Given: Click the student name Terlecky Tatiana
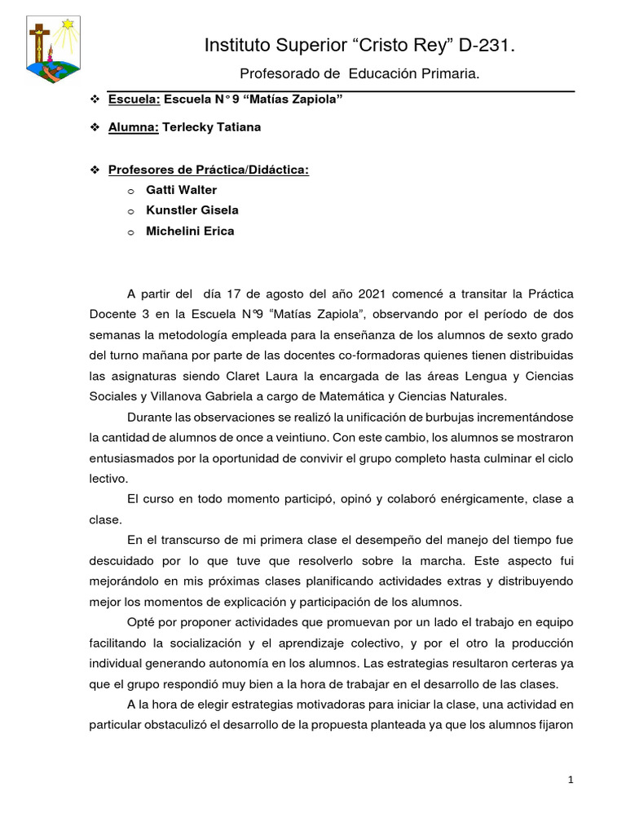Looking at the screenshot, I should click(x=212, y=127).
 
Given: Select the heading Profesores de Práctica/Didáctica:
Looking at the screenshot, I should click(x=209, y=169).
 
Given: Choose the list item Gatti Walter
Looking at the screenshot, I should click(x=181, y=189).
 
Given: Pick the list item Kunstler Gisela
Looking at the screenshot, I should click(x=192, y=210).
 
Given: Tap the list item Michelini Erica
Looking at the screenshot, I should click(x=189, y=231).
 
